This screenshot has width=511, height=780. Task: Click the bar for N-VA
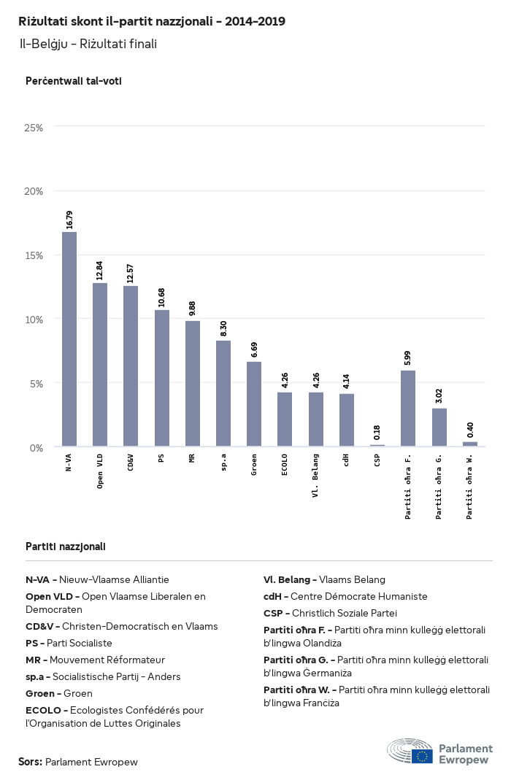[x=69, y=339]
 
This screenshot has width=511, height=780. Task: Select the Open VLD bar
[x=100, y=365]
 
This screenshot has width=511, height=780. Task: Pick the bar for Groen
[x=254, y=404]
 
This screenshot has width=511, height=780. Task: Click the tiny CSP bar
[x=377, y=445]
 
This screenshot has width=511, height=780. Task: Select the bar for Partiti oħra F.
[x=408, y=409]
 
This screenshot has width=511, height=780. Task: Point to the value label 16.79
[x=70, y=220]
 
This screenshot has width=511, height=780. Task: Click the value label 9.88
[x=193, y=309]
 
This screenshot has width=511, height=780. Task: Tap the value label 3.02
[x=439, y=396]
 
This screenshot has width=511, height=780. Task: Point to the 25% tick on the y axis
[x=34, y=128]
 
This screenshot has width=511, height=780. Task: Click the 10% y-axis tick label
[x=34, y=320]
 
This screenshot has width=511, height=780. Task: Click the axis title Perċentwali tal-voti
[x=73, y=81]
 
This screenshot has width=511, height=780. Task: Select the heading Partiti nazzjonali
[x=66, y=546]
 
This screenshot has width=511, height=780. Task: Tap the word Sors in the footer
[x=30, y=762]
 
